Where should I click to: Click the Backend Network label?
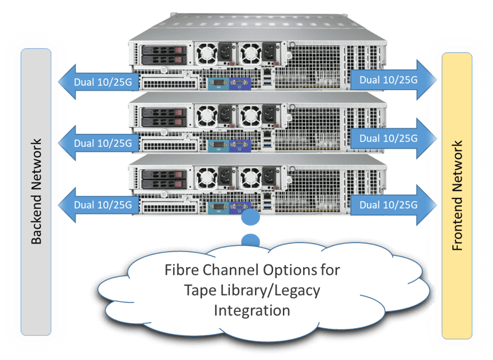point(36,192)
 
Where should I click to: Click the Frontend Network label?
point(457,195)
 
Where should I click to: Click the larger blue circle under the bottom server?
point(250,218)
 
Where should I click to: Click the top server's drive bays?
point(162,54)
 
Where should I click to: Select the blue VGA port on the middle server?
point(237,146)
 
